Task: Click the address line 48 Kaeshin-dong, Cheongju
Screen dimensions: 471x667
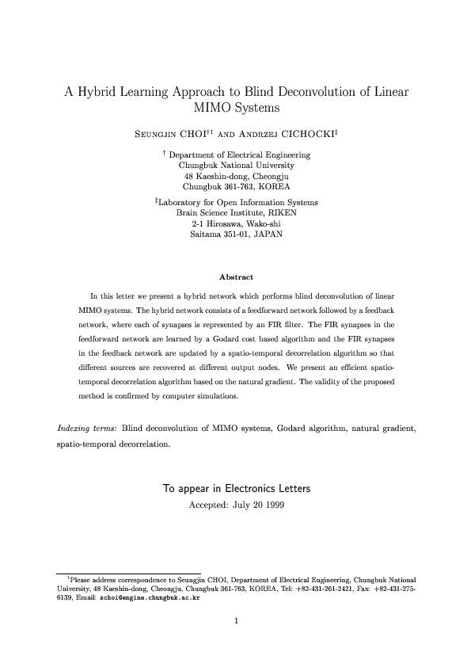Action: click(236, 176)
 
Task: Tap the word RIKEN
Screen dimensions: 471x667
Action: click(278, 213)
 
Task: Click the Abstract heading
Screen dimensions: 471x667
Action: click(235, 276)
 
